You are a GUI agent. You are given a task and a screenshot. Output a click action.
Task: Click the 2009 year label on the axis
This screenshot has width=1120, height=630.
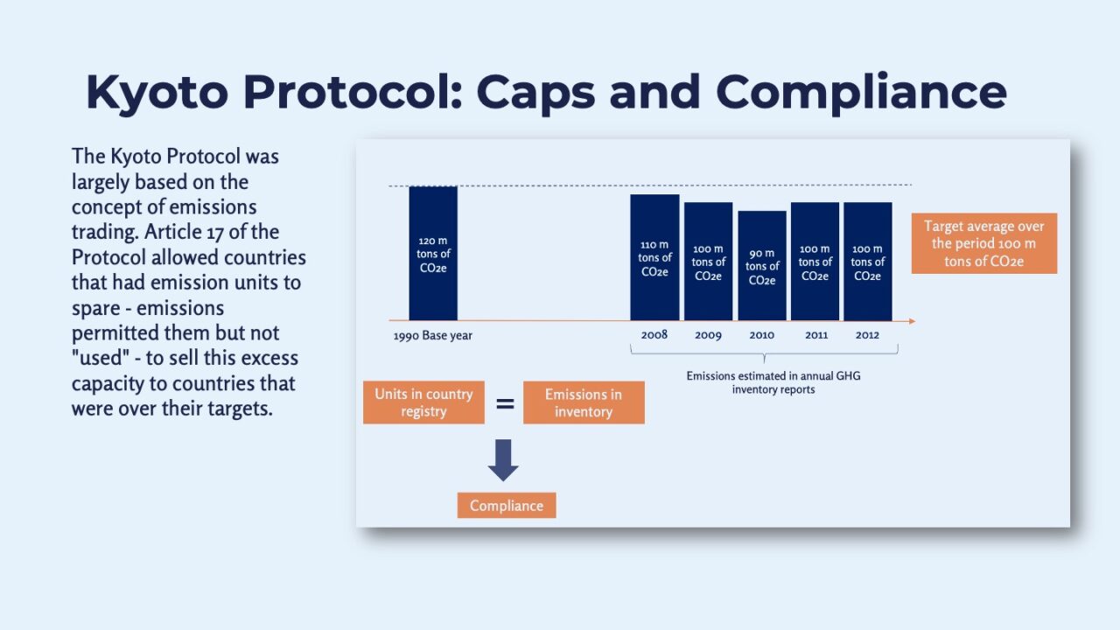click(708, 335)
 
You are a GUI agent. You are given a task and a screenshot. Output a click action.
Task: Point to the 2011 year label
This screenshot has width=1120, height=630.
click(815, 335)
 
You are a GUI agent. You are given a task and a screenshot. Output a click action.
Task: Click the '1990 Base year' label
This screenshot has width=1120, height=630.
click(432, 335)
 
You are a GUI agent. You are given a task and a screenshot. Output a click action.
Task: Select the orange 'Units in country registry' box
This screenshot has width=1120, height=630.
click(423, 402)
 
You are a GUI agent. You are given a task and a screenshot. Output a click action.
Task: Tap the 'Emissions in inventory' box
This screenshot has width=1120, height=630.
click(584, 402)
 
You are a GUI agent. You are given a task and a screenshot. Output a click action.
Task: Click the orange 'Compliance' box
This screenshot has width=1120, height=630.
click(507, 506)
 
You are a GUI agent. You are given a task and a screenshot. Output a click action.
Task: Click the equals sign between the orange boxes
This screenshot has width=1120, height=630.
click(505, 403)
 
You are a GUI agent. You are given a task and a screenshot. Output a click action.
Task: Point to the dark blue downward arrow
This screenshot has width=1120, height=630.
click(503, 460)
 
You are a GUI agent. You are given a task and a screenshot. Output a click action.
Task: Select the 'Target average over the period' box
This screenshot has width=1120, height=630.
click(983, 243)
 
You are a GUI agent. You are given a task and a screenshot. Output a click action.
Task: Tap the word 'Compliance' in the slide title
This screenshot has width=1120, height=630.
click(861, 92)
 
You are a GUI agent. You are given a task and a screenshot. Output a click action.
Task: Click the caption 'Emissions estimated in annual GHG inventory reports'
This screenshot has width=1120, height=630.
click(773, 382)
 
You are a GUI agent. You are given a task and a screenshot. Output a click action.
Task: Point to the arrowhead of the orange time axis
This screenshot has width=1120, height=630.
click(911, 321)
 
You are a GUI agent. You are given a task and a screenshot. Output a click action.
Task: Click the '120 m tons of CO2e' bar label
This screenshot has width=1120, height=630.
click(433, 254)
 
